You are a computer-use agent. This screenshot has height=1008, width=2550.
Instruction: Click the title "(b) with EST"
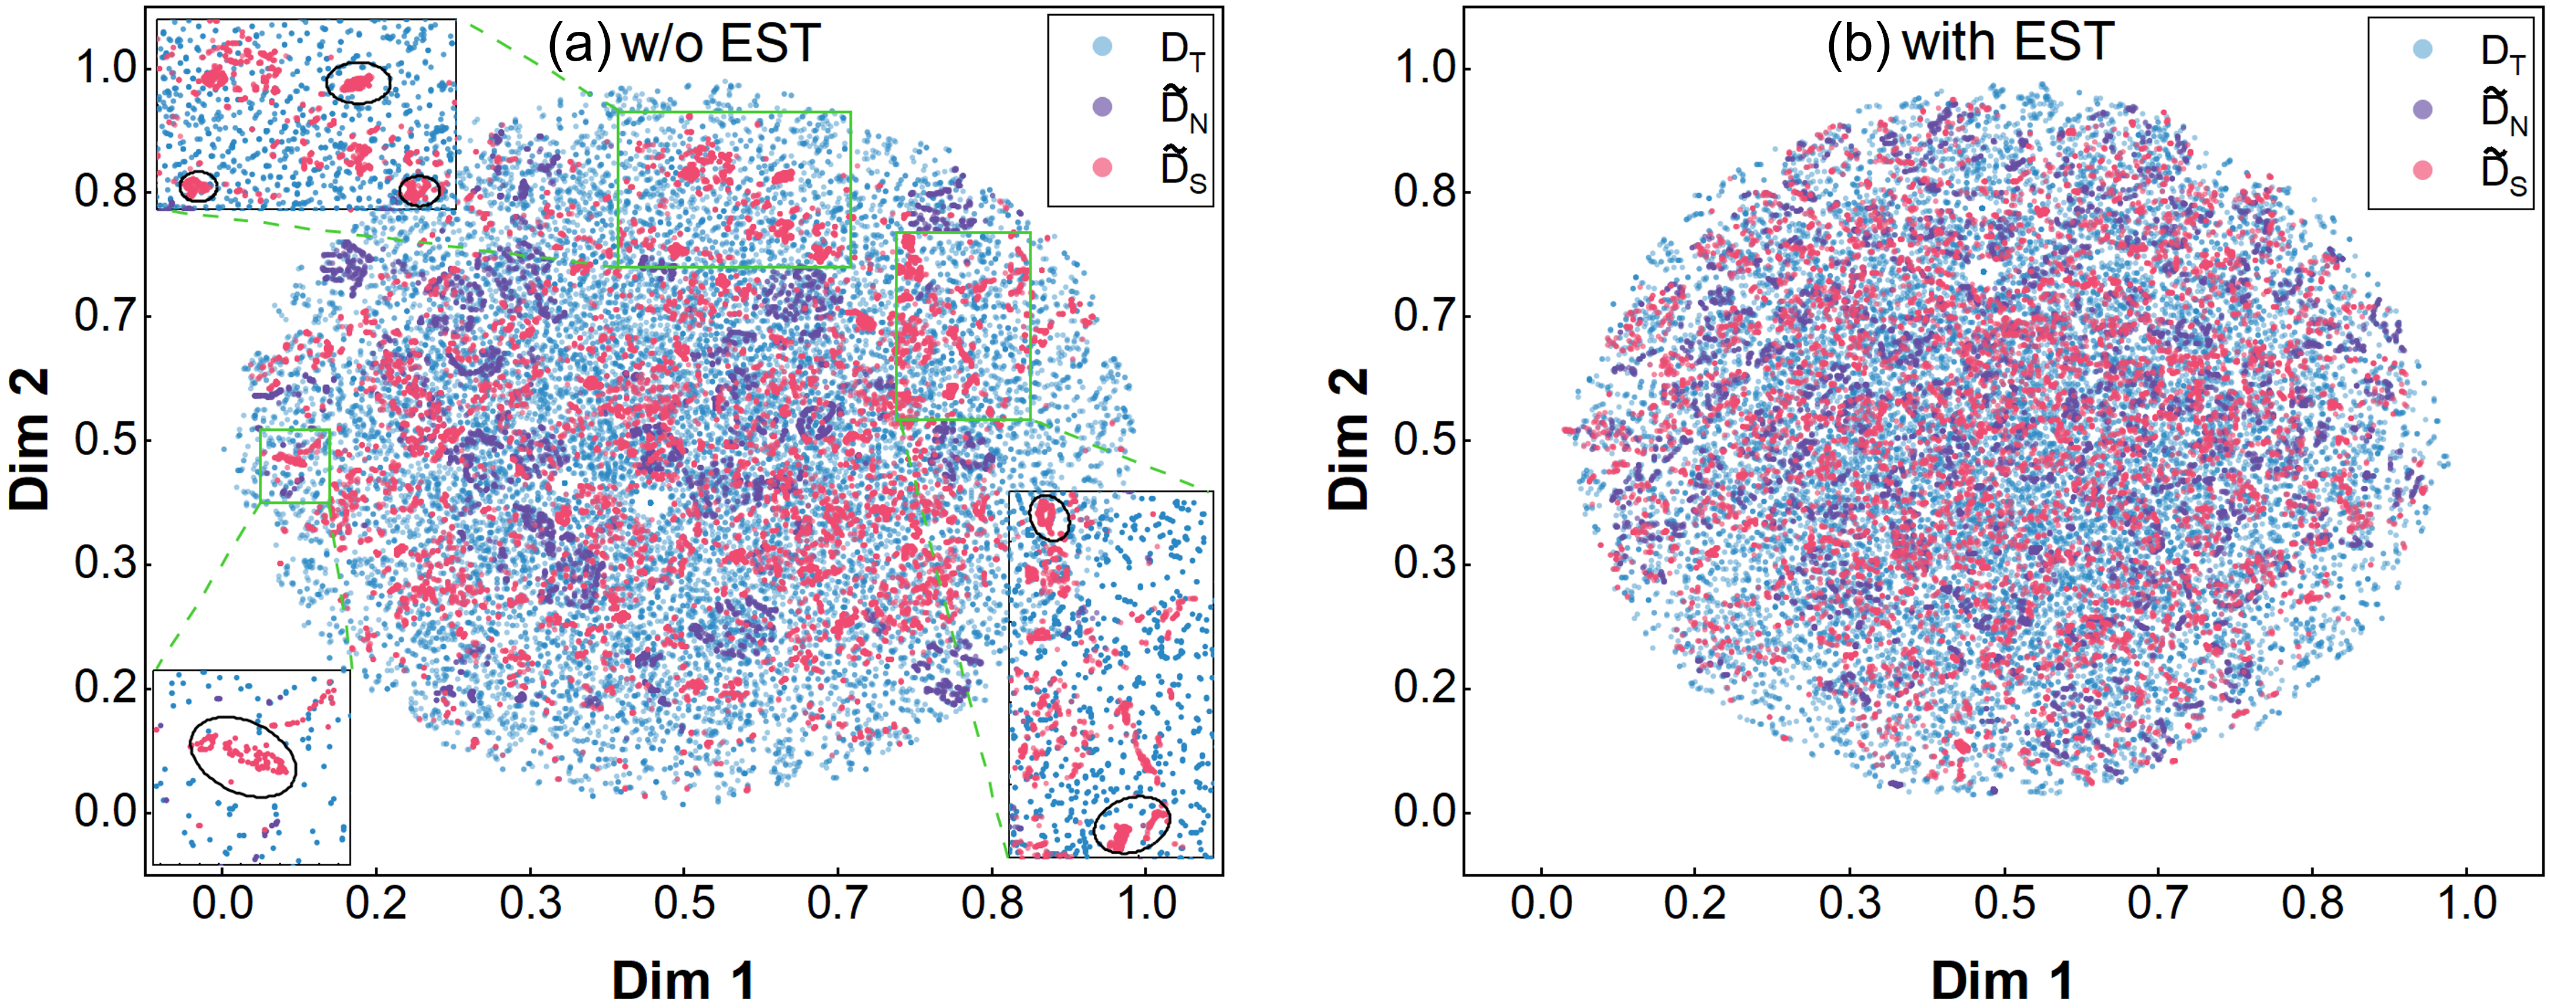[1970, 44]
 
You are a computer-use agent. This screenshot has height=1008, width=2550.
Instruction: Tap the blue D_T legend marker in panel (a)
[1102, 45]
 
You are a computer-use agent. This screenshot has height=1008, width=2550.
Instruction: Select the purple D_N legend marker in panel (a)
[1102, 107]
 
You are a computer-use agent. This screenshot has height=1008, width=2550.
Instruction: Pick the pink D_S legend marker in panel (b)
[2422, 170]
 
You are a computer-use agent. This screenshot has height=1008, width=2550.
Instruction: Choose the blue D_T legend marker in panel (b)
[2422, 48]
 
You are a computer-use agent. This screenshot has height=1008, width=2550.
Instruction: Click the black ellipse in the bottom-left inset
[242, 757]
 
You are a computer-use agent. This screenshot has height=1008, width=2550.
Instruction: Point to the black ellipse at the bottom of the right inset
[1131, 825]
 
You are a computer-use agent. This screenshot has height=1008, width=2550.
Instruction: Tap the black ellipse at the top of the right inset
[1049, 517]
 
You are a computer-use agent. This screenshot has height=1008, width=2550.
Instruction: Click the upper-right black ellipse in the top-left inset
[358, 82]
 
